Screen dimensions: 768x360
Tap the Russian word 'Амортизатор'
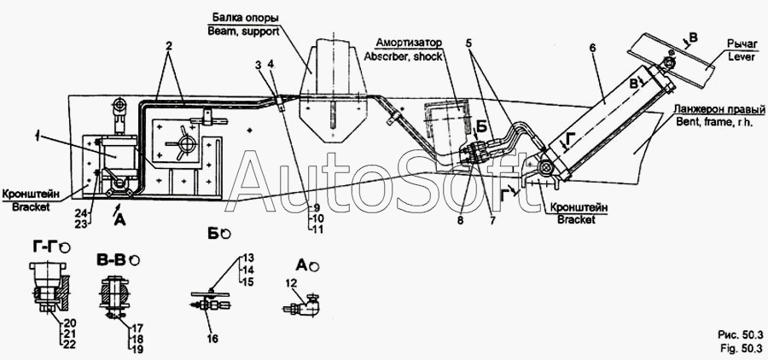409,43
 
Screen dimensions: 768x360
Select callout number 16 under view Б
212,338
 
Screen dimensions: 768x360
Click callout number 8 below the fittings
461,221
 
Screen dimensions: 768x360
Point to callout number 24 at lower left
80,212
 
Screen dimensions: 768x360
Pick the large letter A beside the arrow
119,222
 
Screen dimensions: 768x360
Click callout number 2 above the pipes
169,47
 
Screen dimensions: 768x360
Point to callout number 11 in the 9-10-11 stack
318,229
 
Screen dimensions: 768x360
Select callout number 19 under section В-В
137,348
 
